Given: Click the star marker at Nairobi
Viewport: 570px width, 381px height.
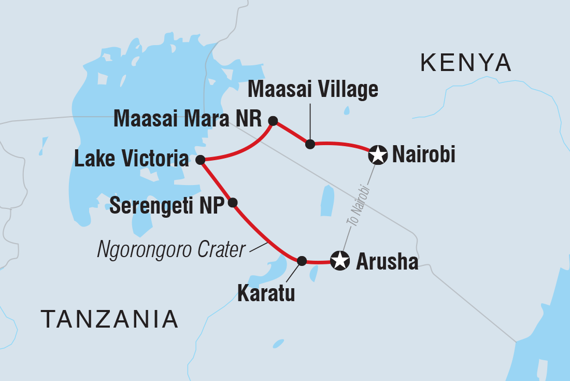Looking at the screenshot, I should tap(378, 155).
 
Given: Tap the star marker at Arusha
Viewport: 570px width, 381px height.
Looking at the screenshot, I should tap(339, 261).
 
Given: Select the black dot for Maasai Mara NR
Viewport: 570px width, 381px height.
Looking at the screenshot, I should tap(273, 121).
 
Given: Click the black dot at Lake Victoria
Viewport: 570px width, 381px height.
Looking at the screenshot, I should tap(199, 160).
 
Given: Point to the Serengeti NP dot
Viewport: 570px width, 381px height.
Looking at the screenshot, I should tap(233, 202).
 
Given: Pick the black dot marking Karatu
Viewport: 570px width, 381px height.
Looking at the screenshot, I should tap(302, 260).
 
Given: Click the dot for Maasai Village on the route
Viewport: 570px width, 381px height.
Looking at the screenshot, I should tap(310, 144).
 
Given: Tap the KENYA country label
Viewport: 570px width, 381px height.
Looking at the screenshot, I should tap(466, 63).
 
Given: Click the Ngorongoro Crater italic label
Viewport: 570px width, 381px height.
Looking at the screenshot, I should tap(171, 250).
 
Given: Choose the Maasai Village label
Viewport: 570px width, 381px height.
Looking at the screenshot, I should tap(313, 90).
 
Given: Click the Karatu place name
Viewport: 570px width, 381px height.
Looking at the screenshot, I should tap(266, 294).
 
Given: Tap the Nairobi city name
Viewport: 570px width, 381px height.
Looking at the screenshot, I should tap(424, 154).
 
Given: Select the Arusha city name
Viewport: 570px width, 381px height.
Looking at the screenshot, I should tap(387, 262).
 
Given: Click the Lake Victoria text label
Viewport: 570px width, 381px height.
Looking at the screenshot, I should tap(131, 160).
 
